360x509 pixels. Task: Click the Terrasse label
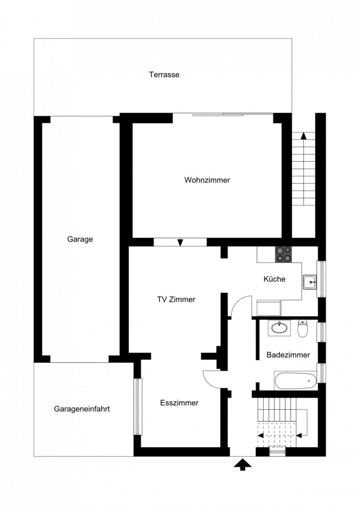click(x=164, y=75)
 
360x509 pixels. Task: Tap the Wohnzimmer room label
click(x=207, y=180)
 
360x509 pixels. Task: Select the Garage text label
click(x=80, y=239)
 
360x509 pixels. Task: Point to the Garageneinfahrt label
click(x=82, y=409)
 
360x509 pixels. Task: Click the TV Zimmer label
click(x=176, y=299)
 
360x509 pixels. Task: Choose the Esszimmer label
click(x=179, y=403)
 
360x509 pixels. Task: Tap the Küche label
click(x=274, y=279)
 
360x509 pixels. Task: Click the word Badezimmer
click(x=288, y=355)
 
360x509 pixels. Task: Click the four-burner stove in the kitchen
click(x=283, y=254)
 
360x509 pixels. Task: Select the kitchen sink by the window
click(x=311, y=281)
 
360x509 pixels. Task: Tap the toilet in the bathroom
click(x=302, y=328)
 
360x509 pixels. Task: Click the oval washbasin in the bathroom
click(x=279, y=328)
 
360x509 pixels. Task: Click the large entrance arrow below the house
click(x=243, y=465)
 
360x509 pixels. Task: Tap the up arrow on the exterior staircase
click(x=303, y=136)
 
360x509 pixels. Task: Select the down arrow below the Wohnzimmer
click(x=180, y=242)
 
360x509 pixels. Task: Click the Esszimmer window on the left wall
click(x=138, y=406)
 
